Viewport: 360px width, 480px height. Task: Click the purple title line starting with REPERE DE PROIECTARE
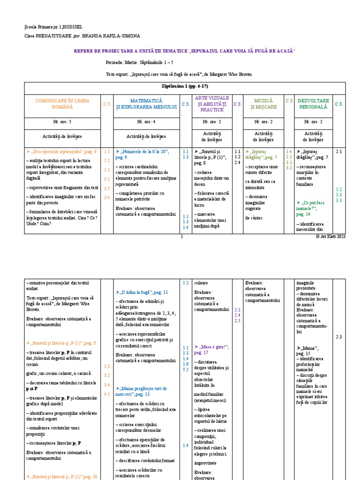(185, 51)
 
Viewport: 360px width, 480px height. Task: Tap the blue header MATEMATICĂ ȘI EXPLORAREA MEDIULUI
(146, 104)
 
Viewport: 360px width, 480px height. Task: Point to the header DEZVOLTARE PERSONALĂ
(313, 104)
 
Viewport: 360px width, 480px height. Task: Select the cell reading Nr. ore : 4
(146, 121)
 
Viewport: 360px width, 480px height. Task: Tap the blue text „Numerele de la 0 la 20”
(145, 152)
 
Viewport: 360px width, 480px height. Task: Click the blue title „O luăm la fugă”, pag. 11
(139, 292)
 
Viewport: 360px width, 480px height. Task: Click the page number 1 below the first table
(181, 237)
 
